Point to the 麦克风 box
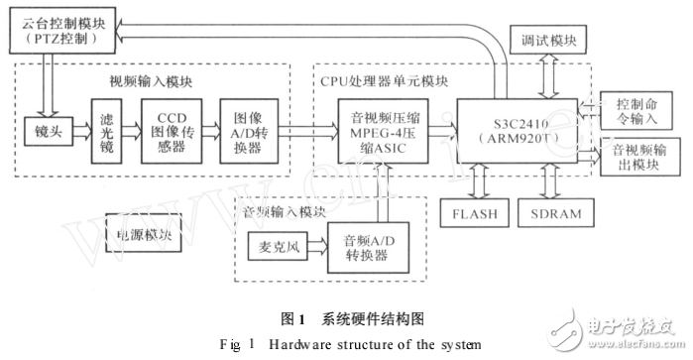point(276,244)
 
